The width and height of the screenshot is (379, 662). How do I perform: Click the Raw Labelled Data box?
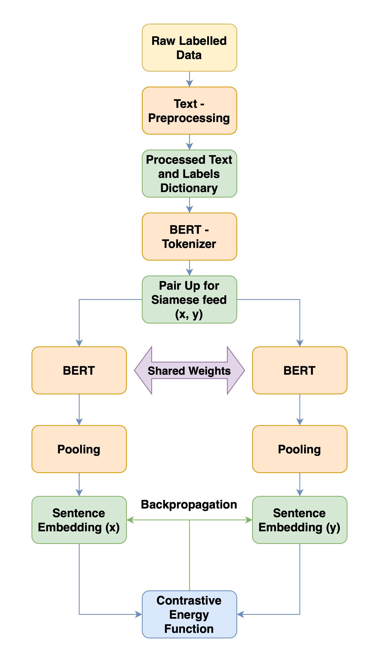click(x=189, y=48)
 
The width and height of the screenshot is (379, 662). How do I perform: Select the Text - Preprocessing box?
click(x=189, y=111)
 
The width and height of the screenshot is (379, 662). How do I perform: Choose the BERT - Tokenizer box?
click(x=189, y=236)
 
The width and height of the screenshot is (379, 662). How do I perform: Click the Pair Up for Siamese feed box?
click(x=189, y=299)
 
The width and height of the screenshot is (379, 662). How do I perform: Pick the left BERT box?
click(x=79, y=370)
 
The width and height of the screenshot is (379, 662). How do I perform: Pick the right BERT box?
click(x=300, y=370)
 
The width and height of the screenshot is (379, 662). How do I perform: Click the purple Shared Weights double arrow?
click(x=189, y=370)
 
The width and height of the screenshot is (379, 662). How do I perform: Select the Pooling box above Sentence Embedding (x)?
click(x=79, y=449)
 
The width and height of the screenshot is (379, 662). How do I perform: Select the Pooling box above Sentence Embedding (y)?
click(x=300, y=449)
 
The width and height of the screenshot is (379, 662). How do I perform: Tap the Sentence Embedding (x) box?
click(x=79, y=520)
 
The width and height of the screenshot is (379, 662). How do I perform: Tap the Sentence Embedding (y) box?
click(x=300, y=520)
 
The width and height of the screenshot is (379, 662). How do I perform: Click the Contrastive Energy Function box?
click(x=189, y=614)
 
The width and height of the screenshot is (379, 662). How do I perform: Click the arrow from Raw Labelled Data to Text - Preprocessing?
click(x=189, y=79)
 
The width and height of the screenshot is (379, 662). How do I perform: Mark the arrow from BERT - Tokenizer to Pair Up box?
click(x=189, y=268)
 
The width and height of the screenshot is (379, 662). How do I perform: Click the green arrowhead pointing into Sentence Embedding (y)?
click(x=249, y=520)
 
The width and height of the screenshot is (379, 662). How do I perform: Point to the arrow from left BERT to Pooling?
click(x=79, y=410)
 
